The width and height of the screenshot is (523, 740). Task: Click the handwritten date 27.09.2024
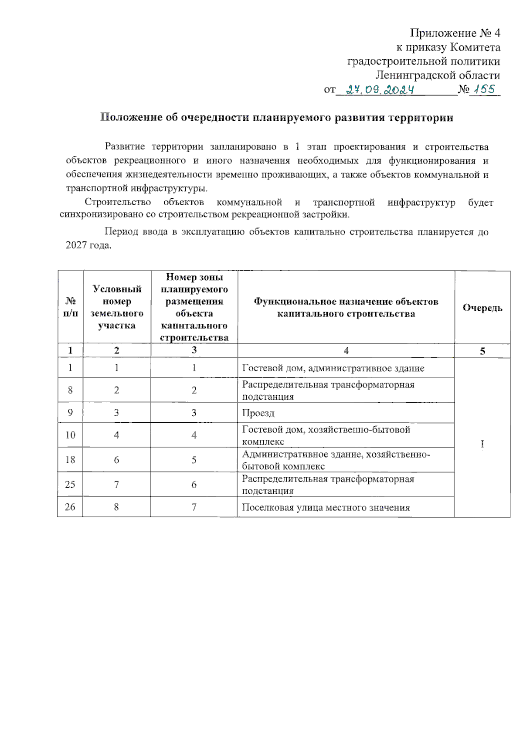click(379, 90)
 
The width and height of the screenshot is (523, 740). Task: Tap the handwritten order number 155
click(484, 89)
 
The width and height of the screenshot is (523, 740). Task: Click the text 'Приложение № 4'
click(455, 33)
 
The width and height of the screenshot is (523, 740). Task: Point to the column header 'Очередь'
click(482, 308)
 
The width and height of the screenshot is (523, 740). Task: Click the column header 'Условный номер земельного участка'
click(117, 307)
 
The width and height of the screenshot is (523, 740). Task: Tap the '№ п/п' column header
click(71, 307)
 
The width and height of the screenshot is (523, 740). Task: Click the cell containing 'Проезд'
click(258, 413)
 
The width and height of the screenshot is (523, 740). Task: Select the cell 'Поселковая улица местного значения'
click(326, 507)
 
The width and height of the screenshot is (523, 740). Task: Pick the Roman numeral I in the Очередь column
click(482, 444)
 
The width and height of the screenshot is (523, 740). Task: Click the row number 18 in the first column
click(70, 460)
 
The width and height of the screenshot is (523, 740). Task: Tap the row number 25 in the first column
click(70, 484)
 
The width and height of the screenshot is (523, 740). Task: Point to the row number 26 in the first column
click(70, 507)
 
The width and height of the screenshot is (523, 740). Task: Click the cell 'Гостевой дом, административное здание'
click(333, 368)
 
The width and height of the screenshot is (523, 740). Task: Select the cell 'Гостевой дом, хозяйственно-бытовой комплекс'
click(326, 435)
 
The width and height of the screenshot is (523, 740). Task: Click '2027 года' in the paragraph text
click(88, 245)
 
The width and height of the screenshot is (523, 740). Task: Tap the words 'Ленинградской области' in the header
click(438, 75)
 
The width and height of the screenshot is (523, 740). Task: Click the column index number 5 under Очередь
click(482, 351)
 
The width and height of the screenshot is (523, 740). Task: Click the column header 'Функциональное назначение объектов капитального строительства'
click(346, 307)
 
